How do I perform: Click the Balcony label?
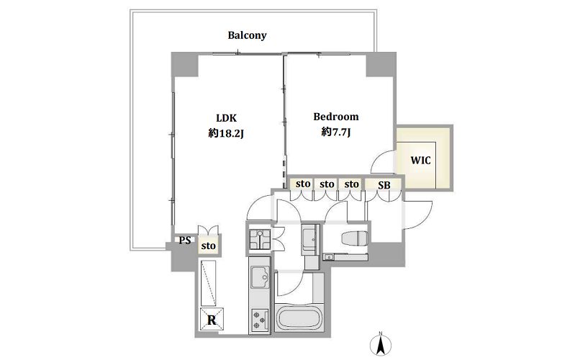247,35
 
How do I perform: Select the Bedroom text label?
335,117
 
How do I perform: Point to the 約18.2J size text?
223,132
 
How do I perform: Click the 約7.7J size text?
335,132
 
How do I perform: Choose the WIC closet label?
420,160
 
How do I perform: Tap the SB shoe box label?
384,185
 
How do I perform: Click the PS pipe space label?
184,241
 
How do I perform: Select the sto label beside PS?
208,246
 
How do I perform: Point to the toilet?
353,239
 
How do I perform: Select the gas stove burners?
259,318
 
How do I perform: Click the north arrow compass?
382,343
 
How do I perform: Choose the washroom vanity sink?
312,237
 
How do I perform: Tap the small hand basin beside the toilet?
329,256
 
